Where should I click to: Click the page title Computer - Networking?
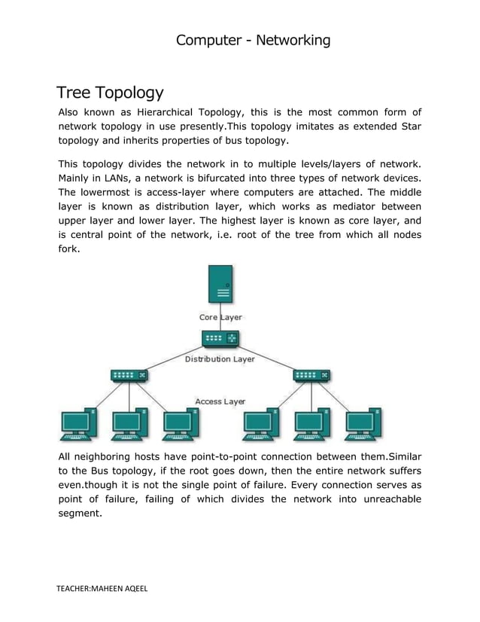click(x=253, y=40)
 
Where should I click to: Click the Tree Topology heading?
click(x=110, y=93)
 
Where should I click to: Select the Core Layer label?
click(x=220, y=318)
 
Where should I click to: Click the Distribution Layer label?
click(x=220, y=359)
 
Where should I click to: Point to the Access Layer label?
click(x=220, y=401)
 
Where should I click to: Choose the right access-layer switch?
click(x=311, y=374)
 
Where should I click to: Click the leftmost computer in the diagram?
click(x=77, y=425)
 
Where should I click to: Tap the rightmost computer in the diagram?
click(x=363, y=425)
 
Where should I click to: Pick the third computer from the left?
click(x=181, y=425)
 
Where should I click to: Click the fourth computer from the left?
click(x=260, y=425)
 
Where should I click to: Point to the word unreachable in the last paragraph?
click(x=383, y=500)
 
